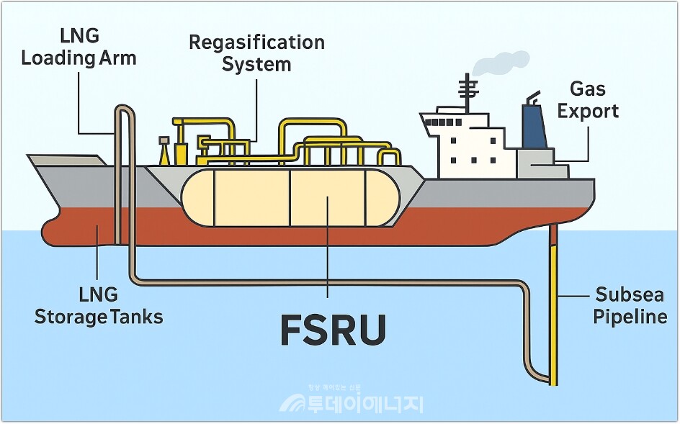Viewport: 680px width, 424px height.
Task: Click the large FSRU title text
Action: point(332,330)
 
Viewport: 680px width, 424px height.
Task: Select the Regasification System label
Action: point(256,53)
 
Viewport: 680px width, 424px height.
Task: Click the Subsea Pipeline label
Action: point(630,305)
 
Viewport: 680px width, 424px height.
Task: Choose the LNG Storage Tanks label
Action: point(99,305)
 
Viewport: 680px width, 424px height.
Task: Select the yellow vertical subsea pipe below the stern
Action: point(555,310)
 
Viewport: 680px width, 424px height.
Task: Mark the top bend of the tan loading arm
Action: point(124,109)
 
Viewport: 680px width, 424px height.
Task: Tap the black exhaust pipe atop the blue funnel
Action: point(532,96)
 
